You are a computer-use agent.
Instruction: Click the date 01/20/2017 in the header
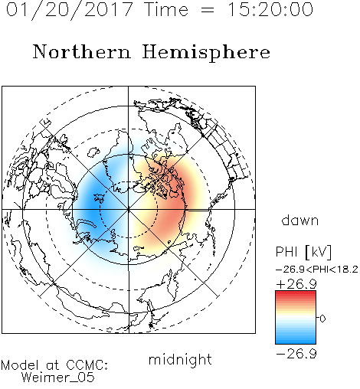coord(69,10)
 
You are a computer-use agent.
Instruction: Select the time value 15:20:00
coord(270,10)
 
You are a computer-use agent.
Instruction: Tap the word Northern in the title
coord(82,52)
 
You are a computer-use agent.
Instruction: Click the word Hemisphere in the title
coord(206,53)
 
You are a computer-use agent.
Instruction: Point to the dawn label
coord(300,220)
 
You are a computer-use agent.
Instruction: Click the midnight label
coord(180,359)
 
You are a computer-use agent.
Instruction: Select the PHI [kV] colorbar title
coord(303,252)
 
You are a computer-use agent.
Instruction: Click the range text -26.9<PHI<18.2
coord(317,270)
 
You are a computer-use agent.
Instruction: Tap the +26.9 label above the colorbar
coord(296,284)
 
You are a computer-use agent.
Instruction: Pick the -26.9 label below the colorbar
coord(296,354)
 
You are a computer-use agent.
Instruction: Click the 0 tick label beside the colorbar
coord(322,319)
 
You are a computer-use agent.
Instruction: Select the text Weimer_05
coord(58,378)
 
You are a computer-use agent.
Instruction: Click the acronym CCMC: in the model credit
coord(87,365)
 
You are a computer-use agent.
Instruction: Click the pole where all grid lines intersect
coord(128,210)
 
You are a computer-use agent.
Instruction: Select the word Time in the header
coord(166,10)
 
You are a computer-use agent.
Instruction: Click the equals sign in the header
coord(208,11)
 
